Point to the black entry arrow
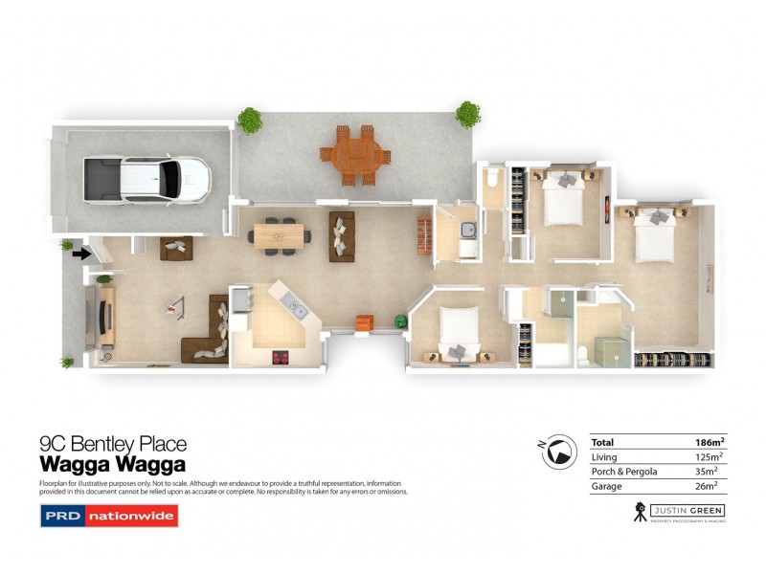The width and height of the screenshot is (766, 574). click(x=81, y=254)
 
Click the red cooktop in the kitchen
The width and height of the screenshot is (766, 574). click(x=282, y=357)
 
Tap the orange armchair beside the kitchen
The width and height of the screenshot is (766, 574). click(x=363, y=323)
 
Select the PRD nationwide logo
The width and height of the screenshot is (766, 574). click(x=108, y=517)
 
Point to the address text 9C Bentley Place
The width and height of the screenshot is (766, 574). click(x=112, y=444)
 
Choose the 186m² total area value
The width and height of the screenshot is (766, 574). click(x=710, y=443)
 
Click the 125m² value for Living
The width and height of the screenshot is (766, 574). click(x=710, y=457)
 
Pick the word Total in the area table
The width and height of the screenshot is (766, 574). click(x=603, y=443)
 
